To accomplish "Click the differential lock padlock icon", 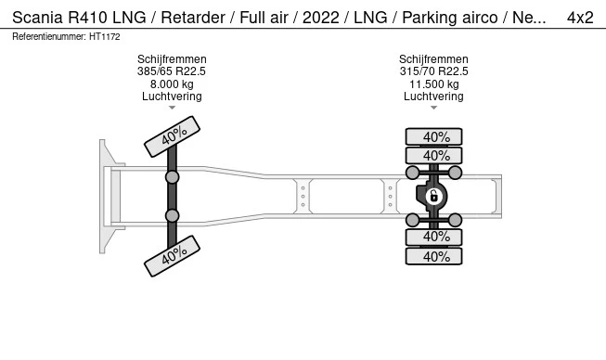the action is point(433,196).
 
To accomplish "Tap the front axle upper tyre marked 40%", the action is point(172,136).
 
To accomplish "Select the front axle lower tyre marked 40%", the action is point(172,256).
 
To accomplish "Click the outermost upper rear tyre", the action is point(433,136).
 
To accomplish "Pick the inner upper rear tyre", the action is point(433,156).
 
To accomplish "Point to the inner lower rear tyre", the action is point(433,237).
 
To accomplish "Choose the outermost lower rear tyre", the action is point(433,256).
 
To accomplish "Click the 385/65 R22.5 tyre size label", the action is point(172,71).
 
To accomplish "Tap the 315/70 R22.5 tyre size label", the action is point(433,71).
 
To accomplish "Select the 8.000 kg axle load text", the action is point(172,84).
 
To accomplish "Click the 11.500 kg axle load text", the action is point(434,84).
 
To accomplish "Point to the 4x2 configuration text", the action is point(580,18).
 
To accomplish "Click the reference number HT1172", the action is point(105,37).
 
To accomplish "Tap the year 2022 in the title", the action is point(321,18).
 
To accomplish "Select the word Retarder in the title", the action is point(193,18).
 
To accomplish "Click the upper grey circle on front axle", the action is point(172,177).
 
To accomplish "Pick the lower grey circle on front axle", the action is point(172,215).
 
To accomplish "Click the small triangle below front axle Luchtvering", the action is point(172,108).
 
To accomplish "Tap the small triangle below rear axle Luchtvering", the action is point(433,108).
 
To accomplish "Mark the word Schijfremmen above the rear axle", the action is point(433,59).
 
